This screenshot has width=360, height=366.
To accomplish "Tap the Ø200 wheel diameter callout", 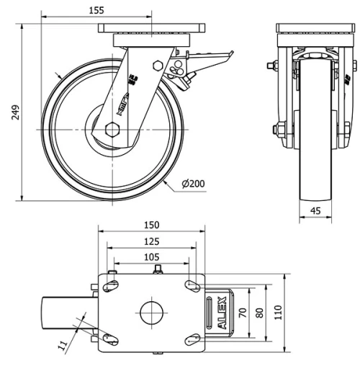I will pos(194,184).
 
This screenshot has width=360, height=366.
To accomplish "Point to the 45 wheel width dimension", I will pos(315,211).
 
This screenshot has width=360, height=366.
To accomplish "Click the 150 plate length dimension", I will pos(151,226).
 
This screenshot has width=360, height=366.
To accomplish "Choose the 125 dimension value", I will pos(151,241).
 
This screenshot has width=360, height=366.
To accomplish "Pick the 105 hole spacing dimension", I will pos(151,257).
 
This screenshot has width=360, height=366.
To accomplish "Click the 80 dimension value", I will pos(259,313).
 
